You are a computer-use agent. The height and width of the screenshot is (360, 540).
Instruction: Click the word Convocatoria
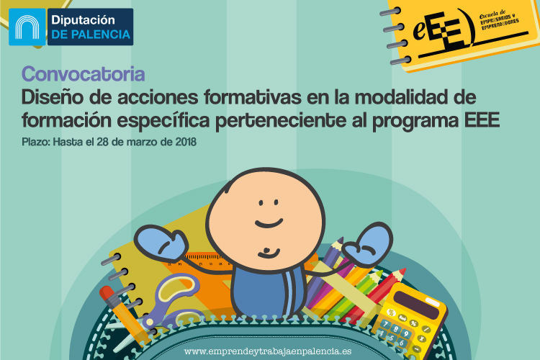point(83,74)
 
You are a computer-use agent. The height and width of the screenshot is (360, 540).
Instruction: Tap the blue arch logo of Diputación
point(27,27)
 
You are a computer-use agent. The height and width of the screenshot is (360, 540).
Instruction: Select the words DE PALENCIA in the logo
point(91,35)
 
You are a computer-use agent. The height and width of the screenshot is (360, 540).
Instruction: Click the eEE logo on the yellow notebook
point(444,30)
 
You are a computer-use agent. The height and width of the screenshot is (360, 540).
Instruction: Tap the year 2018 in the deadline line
point(186,142)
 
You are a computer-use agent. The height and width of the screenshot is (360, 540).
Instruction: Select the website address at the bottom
point(268,351)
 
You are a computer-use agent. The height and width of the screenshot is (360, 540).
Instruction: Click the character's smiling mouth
point(269,223)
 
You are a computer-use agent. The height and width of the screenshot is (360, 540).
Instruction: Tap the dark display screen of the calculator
point(416,304)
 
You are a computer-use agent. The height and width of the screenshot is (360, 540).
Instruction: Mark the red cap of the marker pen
point(106,293)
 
